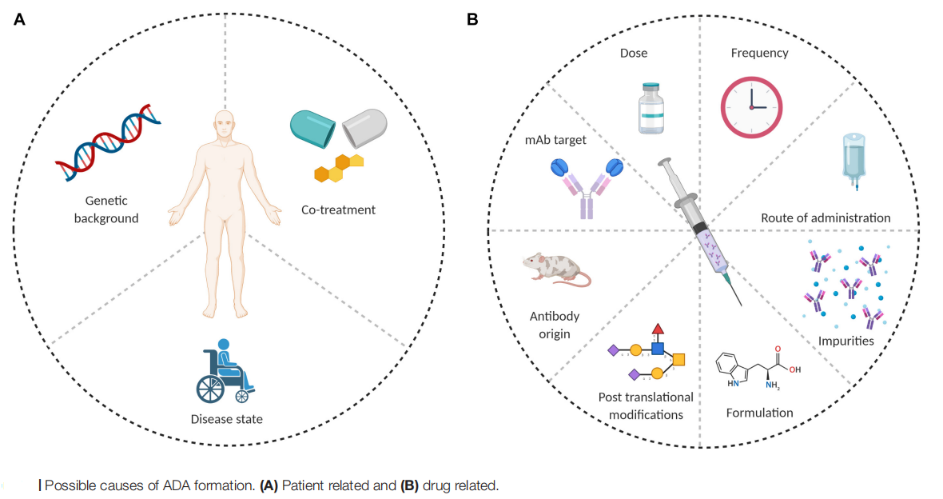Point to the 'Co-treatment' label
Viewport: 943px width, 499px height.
(338, 210)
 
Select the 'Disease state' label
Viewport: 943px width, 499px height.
(226, 418)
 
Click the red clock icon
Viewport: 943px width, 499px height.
(751, 107)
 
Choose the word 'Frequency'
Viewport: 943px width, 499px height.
(759, 54)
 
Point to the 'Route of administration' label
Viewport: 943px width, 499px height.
(826, 218)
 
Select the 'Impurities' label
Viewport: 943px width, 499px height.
(846, 341)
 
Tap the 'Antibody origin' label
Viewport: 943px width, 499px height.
(549, 325)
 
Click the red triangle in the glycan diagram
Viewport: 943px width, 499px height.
(658, 329)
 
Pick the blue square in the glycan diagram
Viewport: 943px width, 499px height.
(657, 349)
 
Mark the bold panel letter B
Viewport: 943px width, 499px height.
(472, 19)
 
